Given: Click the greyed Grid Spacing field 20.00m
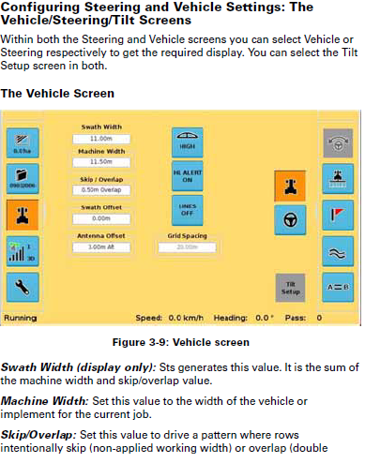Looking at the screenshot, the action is tap(187, 246).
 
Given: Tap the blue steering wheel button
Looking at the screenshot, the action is tap(290, 221).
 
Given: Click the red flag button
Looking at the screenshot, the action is tap(337, 215).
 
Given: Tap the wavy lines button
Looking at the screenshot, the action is tap(337, 251).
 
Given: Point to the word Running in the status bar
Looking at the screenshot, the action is tap(21, 318).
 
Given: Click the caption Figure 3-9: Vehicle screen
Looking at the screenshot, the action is tap(181, 343).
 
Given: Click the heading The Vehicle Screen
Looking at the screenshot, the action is tap(58, 95).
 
